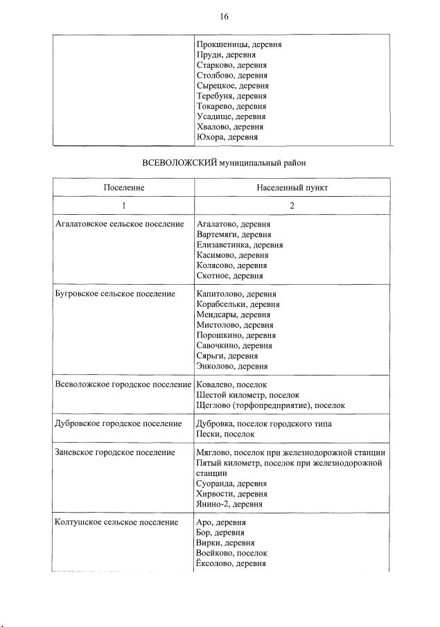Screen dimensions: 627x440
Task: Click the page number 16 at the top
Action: click(x=224, y=17)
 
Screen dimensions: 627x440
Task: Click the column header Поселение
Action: click(x=124, y=188)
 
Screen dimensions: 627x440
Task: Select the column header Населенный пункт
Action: click(x=292, y=188)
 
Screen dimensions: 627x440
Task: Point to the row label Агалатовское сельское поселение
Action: click(x=119, y=224)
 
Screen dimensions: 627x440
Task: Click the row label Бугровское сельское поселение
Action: click(x=114, y=294)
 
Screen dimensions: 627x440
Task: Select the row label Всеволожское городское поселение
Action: click(x=123, y=384)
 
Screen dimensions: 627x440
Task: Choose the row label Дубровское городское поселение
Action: click(x=118, y=423)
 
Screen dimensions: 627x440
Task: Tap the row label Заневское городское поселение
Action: click(x=114, y=452)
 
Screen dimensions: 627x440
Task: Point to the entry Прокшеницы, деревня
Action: click(x=239, y=44)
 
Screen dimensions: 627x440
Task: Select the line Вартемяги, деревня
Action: click(x=234, y=235)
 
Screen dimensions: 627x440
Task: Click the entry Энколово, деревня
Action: click(x=232, y=367)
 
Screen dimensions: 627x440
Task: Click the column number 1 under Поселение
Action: click(x=124, y=206)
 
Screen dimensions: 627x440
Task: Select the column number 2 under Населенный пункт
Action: click(x=292, y=206)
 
